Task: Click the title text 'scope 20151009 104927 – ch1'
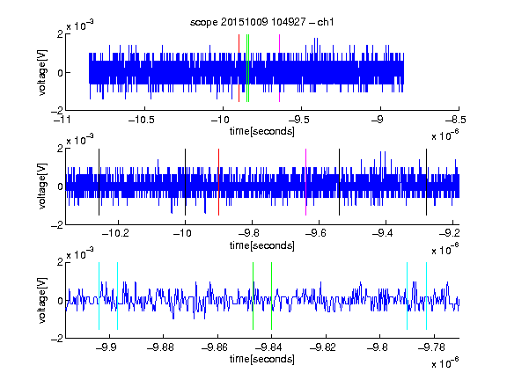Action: (x=262, y=22)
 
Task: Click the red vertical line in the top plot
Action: (x=239, y=69)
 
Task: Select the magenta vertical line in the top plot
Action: (x=279, y=69)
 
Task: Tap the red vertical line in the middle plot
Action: (x=218, y=182)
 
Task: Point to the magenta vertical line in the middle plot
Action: (x=305, y=182)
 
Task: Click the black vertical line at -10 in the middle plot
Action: (x=185, y=182)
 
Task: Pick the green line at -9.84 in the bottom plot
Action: (x=271, y=296)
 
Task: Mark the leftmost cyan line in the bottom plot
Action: (x=99, y=296)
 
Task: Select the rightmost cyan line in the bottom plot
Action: (x=426, y=296)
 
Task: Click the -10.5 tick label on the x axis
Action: (x=142, y=120)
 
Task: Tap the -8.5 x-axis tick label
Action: (x=456, y=120)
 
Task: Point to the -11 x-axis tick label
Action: (x=62, y=120)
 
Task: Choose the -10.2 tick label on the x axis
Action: (x=115, y=233)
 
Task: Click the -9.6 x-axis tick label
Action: (x=316, y=233)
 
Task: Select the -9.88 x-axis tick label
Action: (x=160, y=347)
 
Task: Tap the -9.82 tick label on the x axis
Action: (x=323, y=347)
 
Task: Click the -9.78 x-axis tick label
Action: (x=431, y=347)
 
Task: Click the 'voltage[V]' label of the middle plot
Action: (x=42, y=186)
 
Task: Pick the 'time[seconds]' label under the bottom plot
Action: (x=262, y=359)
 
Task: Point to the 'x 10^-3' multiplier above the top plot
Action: (x=80, y=26)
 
